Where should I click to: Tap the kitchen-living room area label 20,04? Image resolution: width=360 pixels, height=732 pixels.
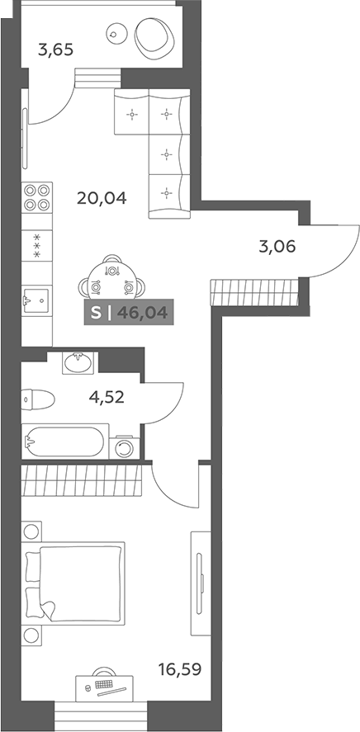pos(102,199)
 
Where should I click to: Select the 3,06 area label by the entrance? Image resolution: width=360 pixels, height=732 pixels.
pos(277,246)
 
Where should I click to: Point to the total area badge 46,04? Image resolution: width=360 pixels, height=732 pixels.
pos(142,312)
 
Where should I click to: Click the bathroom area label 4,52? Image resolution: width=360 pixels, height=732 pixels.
pos(107,397)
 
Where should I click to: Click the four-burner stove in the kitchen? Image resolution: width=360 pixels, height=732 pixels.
pos(37,197)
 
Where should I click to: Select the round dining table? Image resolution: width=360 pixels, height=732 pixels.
pos(112,281)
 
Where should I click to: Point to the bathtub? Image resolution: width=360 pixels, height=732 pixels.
pos(65,441)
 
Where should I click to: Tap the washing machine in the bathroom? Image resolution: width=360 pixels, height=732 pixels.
pos(125,448)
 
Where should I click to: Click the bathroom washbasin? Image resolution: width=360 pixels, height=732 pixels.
pos(78,362)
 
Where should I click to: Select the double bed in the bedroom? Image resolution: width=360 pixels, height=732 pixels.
pos(75,582)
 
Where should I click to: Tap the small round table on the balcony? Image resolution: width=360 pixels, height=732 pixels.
pos(115,33)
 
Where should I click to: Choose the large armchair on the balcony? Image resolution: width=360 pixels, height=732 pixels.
pos(155,36)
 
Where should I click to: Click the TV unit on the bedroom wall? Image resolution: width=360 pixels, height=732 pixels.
pos(201,583)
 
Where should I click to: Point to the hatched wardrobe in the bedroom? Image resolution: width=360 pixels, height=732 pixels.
pos(81,480)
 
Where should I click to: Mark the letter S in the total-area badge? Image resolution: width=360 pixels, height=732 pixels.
pos(95,312)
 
